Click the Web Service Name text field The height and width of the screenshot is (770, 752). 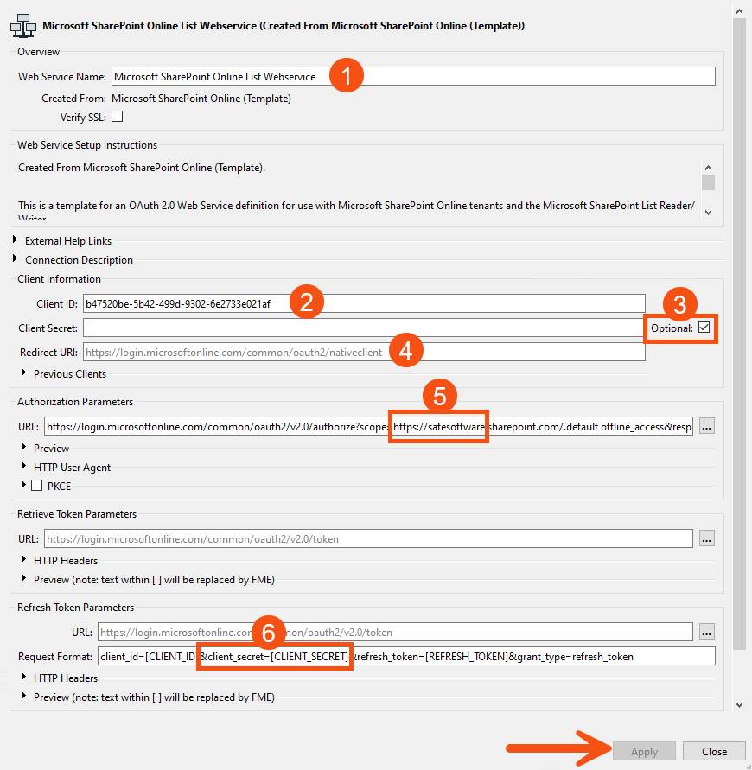pos(519,76)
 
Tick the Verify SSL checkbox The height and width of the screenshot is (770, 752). pos(117,117)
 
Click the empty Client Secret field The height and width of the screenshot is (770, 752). pos(363,328)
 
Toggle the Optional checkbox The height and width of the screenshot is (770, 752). pos(704,328)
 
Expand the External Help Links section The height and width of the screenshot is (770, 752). pos(16,240)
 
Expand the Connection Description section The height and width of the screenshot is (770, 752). pos(16,259)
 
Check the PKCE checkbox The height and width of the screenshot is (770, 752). pos(37,486)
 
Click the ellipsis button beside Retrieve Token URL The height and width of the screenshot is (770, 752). pos(707,538)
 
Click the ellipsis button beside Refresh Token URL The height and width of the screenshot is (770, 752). pos(707,632)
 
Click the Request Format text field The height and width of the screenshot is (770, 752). pos(519,656)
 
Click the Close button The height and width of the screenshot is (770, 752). pos(714,751)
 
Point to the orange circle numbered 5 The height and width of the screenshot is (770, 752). pos(440,397)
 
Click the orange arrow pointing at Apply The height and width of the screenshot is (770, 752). pos(554,749)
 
